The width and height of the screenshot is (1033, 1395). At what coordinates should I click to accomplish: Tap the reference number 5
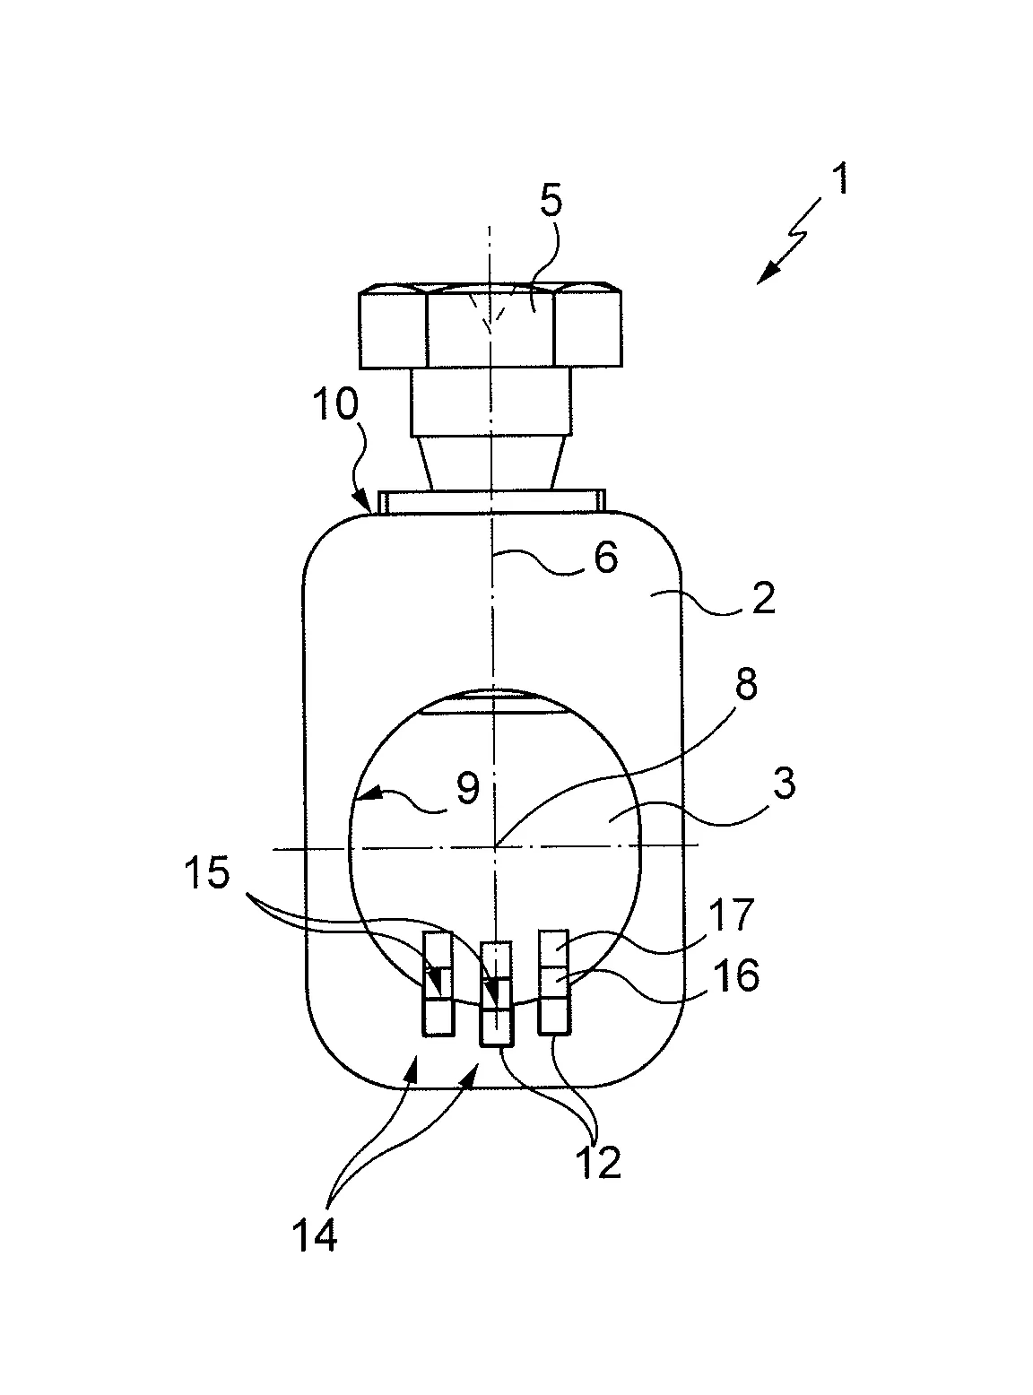(551, 198)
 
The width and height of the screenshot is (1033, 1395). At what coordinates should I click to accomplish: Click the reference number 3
(783, 783)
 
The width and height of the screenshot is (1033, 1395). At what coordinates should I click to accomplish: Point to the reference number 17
(734, 915)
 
